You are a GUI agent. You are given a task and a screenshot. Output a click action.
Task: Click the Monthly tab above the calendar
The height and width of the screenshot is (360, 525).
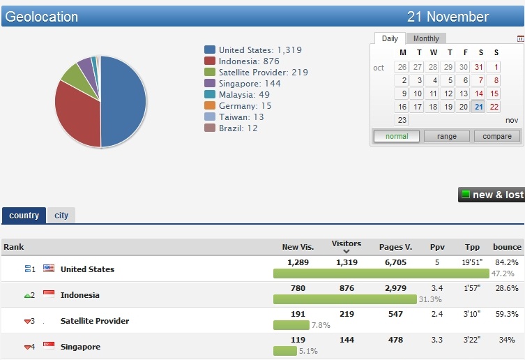426,38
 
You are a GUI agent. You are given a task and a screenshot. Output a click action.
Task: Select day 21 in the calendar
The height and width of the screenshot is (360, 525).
478,107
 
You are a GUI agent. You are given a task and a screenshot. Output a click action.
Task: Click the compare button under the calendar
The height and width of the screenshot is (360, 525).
497,136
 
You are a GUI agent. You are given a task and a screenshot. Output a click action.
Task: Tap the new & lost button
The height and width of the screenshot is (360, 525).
492,195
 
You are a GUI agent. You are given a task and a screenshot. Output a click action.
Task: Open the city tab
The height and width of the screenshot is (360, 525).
61,216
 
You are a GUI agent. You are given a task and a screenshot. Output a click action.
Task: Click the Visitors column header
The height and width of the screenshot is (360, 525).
347,244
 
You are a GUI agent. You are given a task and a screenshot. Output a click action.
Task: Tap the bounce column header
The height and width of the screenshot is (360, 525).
507,247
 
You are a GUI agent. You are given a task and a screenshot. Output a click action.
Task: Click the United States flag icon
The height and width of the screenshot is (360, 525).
49,269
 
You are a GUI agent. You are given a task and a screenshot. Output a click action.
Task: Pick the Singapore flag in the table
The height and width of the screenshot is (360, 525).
49,346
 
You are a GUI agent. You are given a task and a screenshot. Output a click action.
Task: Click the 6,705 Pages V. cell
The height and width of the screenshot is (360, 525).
395,262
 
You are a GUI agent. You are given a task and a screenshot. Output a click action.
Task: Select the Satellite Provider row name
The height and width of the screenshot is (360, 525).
95,321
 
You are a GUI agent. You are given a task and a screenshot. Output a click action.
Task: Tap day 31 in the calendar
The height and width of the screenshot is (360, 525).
478,67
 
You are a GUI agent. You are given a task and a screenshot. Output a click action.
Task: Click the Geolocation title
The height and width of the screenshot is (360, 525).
42,16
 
